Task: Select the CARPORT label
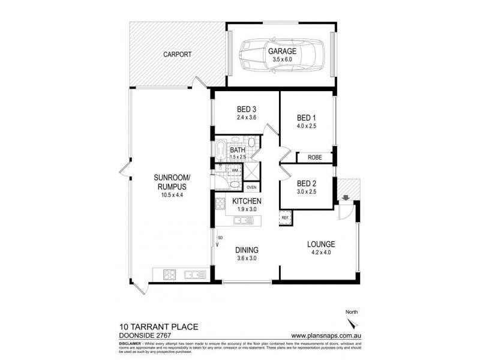pos(178,55)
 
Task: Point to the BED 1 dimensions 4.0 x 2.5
pos(307,126)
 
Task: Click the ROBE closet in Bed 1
pos(314,157)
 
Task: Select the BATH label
pos(237,151)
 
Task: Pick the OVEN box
pos(251,187)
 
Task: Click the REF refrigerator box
pos(284,217)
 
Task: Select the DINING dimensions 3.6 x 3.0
pos(245,259)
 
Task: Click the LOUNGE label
pos(321,244)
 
